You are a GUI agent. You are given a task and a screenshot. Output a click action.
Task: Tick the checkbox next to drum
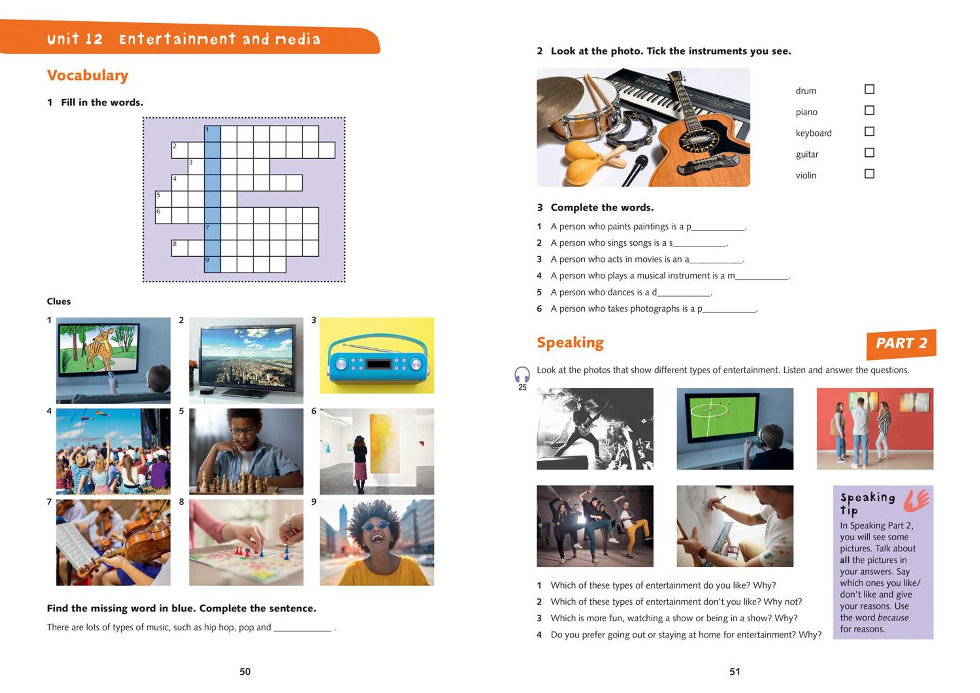(x=869, y=89)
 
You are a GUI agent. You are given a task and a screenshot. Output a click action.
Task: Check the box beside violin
(x=869, y=174)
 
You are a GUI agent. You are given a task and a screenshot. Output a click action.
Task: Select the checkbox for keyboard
(x=869, y=131)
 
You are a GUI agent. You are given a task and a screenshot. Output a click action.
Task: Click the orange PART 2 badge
(x=901, y=344)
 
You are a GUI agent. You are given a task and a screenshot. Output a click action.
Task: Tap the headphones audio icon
(x=521, y=375)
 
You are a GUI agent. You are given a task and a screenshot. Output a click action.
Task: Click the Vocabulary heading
(x=87, y=75)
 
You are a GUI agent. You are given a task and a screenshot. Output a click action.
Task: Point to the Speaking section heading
(x=570, y=343)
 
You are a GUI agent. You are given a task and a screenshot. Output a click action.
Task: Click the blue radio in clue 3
(x=377, y=360)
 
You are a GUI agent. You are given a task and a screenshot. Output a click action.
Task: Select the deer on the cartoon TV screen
(x=100, y=347)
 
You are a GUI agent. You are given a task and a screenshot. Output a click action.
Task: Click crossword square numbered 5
(x=163, y=199)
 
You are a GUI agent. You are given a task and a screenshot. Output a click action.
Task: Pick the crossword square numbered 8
(x=180, y=248)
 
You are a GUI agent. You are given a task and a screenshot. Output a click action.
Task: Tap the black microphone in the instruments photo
(x=635, y=170)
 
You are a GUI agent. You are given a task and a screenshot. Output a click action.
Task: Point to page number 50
(x=245, y=672)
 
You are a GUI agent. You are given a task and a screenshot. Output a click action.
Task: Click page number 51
(x=735, y=672)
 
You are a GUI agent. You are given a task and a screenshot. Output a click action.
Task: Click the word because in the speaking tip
(x=893, y=617)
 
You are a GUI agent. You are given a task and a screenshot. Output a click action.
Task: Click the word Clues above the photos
(x=59, y=301)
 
